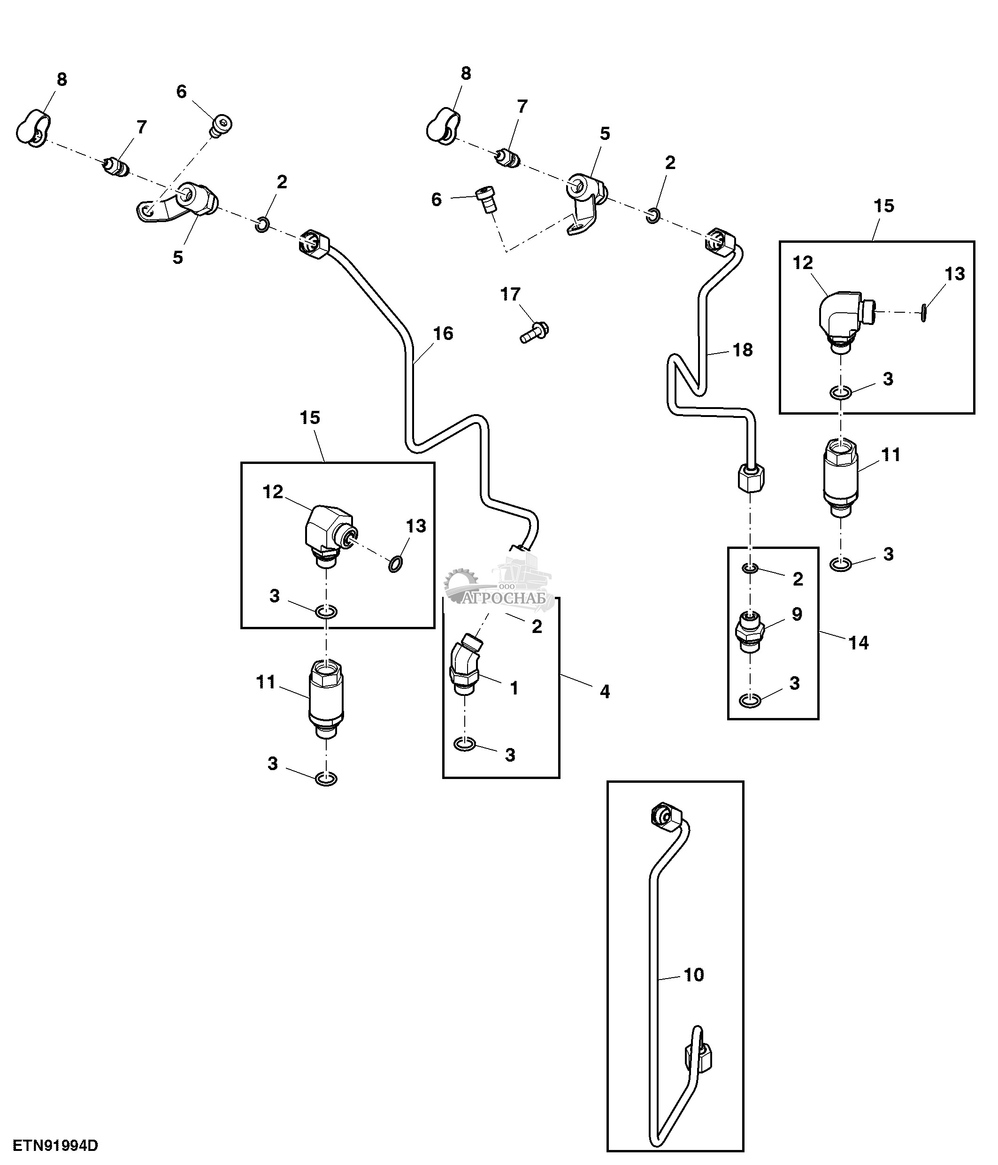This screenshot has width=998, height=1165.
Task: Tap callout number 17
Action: [510, 294]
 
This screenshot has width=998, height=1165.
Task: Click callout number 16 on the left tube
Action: [443, 333]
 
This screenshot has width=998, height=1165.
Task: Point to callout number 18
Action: [742, 350]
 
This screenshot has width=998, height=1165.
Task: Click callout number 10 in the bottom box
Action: [694, 974]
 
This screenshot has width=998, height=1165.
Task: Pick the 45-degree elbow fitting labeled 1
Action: [464, 664]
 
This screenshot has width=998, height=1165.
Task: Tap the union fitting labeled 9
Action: [750, 630]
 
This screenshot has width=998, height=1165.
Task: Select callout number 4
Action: [605, 692]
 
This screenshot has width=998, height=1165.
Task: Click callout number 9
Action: [797, 614]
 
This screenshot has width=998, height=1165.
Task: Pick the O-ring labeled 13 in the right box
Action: [923, 313]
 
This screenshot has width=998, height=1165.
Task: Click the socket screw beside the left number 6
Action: [223, 125]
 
